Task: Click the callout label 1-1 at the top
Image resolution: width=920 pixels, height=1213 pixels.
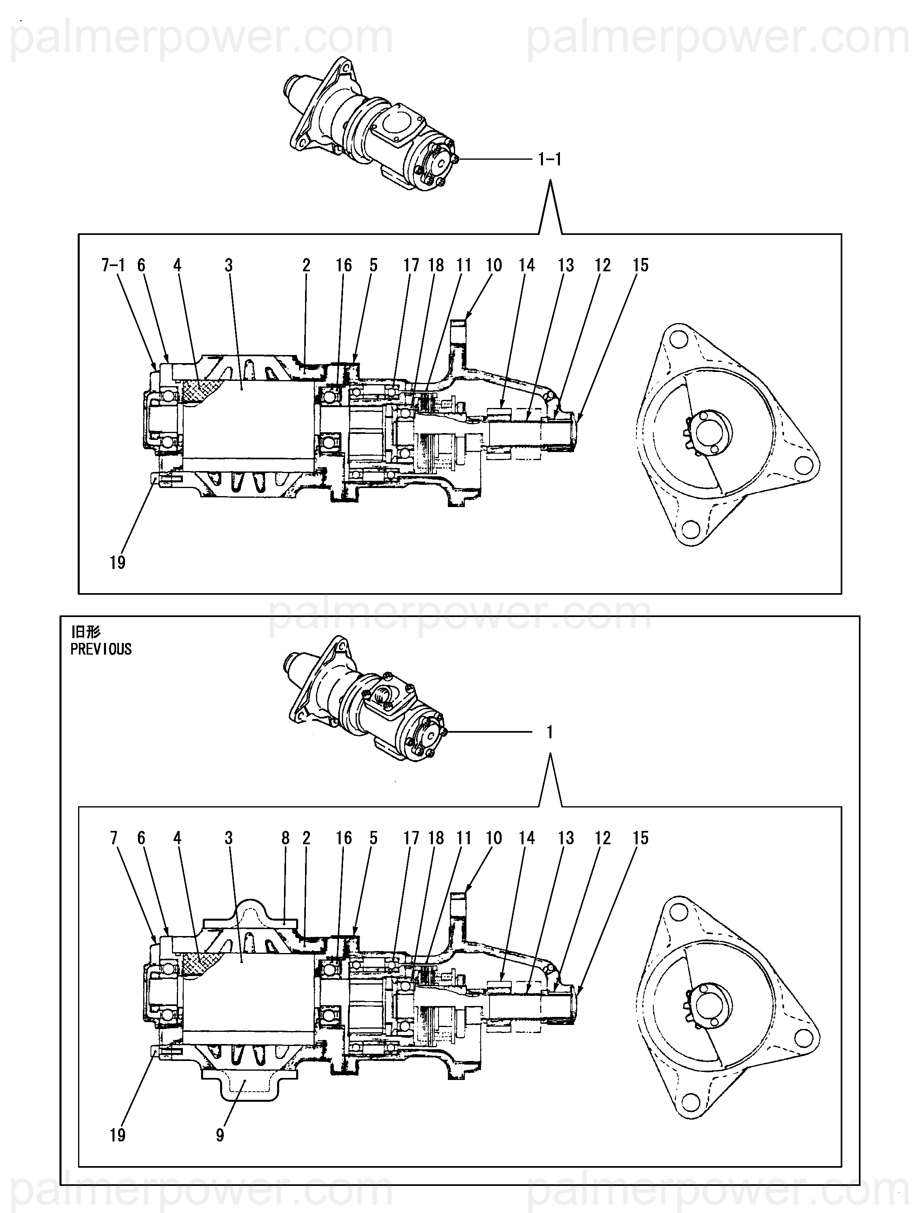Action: click(x=550, y=160)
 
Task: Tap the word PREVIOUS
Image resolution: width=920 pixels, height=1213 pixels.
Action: click(x=101, y=649)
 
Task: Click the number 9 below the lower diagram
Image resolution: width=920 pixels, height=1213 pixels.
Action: click(x=220, y=1135)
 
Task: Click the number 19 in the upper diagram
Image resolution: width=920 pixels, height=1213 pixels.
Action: click(x=117, y=563)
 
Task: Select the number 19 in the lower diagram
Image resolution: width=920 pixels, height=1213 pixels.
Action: click(x=117, y=1135)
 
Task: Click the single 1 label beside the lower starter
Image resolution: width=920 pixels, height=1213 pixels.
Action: click(x=550, y=732)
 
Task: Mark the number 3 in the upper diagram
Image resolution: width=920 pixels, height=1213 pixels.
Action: click(x=229, y=265)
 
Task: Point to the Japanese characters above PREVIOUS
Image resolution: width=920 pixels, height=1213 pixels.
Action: click(x=86, y=632)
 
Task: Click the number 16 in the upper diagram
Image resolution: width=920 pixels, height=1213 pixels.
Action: click(x=344, y=265)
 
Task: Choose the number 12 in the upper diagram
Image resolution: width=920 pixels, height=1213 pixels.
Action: click(x=602, y=265)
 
